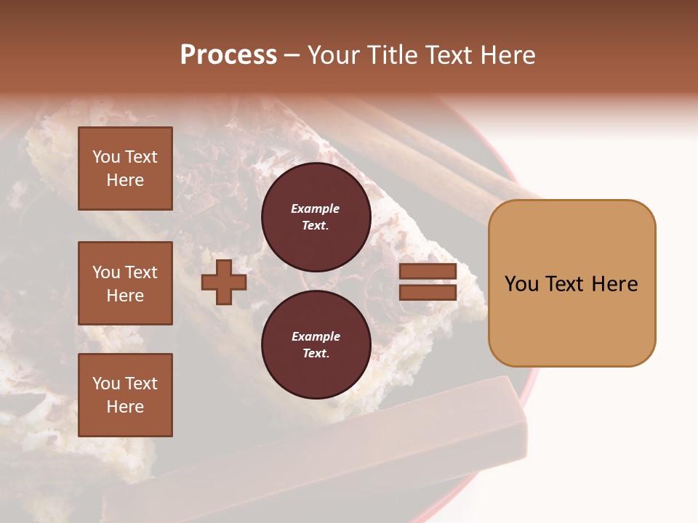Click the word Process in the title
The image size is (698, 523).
[x=228, y=54]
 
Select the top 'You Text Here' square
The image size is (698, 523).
[x=125, y=169]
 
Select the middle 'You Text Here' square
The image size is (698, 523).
[x=125, y=283]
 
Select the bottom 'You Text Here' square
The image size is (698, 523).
[x=125, y=395]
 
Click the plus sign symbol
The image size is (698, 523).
[x=224, y=281]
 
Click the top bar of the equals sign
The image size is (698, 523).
[x=428, y=272]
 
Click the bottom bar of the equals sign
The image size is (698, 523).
[x=428, y=292]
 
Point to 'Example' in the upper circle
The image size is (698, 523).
[x=316, y=208]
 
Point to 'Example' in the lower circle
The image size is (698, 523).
[x=316, y=336]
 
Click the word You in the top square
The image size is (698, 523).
[x=106, y=157]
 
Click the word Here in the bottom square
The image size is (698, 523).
[x=125, y=407]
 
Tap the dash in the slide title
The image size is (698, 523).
[x=292, y=55]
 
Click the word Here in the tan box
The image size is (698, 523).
[x=614, y=283]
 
